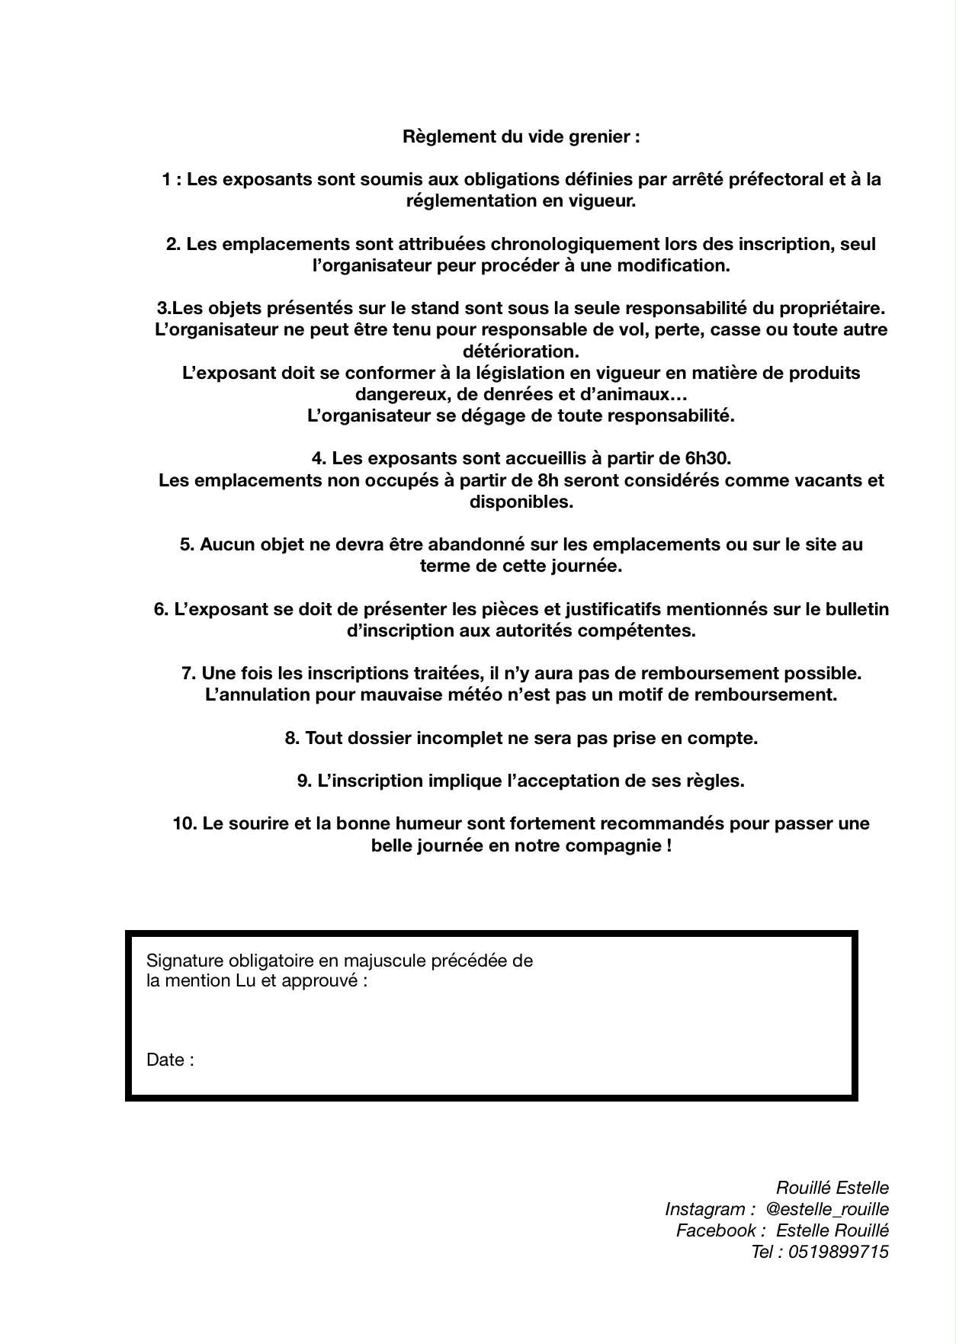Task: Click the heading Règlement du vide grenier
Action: pos(521,137)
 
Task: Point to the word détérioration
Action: pos(521,351)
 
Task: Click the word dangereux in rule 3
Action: pos(393,395)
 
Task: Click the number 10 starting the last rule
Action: pos(184,824)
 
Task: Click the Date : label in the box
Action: pos(170,1060)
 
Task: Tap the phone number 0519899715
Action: pos(839,1252)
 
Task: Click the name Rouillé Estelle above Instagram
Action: pos(832,1188)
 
